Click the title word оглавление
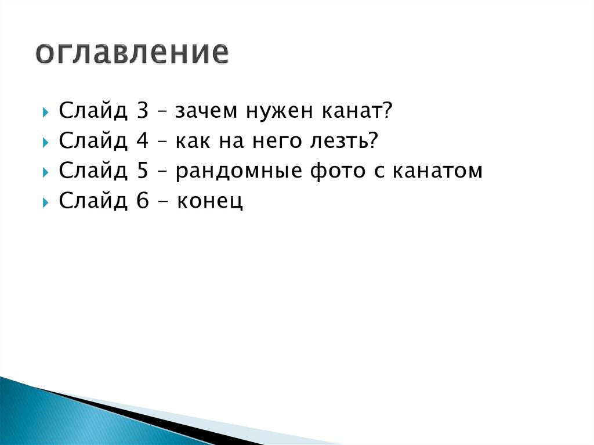132,53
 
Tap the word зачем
200,111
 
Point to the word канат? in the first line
357,110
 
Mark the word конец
210,202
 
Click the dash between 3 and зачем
164,111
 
